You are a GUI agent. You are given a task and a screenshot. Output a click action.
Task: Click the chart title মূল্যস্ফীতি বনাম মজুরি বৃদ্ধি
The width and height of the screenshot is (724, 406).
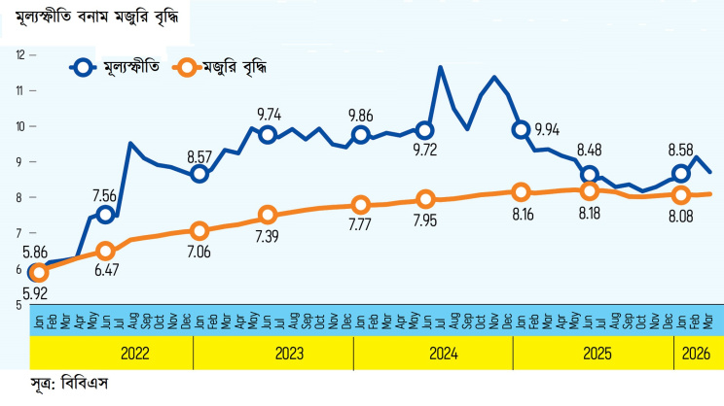point(95,17)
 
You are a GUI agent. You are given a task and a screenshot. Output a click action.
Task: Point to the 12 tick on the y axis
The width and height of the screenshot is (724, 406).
point(19,54)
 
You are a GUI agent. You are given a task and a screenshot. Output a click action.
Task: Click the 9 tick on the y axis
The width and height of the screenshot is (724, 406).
point(19,162)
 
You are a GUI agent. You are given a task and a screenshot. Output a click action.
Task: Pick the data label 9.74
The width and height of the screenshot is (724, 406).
point(270,114)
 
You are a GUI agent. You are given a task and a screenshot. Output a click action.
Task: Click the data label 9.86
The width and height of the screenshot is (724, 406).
point(361,114)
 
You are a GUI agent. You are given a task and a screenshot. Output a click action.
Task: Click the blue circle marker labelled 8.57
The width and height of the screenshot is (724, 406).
point(199,174)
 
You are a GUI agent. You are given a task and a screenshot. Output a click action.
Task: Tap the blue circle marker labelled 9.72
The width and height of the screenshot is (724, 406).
point(425,130)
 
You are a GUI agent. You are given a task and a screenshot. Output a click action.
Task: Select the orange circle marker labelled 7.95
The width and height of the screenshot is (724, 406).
point(425,199)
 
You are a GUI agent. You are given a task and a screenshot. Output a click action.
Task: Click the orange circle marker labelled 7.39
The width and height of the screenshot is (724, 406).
point(269,215)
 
